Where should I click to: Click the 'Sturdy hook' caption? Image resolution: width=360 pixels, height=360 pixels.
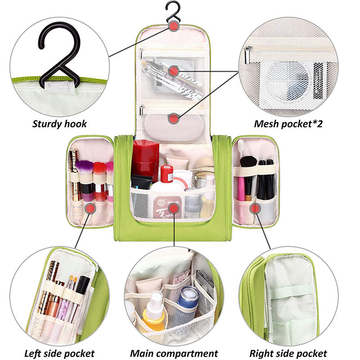59,123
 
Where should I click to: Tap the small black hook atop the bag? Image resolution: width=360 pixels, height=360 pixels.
173,13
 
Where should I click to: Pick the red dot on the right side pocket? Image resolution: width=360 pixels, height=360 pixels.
255,208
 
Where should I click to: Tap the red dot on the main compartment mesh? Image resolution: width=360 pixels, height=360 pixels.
174,208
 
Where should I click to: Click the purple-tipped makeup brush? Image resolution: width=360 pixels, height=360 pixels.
84,169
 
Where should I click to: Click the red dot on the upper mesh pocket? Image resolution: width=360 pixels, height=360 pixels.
174,71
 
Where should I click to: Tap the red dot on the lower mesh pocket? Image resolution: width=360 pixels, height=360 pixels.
174,118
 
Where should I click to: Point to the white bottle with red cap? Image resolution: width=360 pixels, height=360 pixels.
166,175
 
